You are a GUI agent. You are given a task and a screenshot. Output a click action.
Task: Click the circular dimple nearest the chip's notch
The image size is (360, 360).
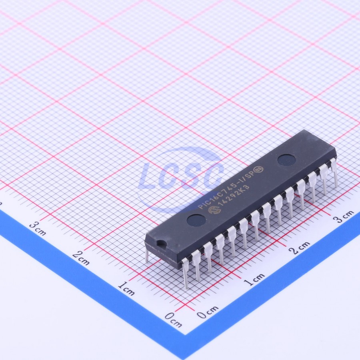tap(196, 219)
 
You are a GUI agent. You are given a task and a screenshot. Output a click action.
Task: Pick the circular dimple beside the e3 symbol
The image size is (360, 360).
tap(286, 160)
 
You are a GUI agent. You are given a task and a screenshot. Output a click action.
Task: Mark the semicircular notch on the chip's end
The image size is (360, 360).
tap(161, 243)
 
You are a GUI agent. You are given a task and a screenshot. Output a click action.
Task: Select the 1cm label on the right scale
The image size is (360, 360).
tap(254, 279)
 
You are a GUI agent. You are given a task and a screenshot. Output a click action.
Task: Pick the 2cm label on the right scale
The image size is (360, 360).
tap(300, 248)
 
